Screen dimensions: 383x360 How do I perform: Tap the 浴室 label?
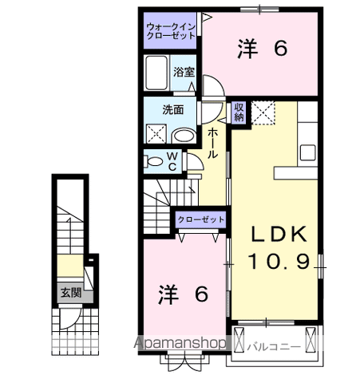pyautogui.click(x=184, y=72)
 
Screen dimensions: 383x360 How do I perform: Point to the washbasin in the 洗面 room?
pyautogui.click(x=184, y=135)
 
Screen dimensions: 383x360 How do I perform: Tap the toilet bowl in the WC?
pyautogui.click(x=154, y=160)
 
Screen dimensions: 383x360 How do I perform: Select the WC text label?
pyautogui.click(x=172, y=160)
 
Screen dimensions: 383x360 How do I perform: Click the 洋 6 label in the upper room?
pyautogui.click(x=261, y=49)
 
